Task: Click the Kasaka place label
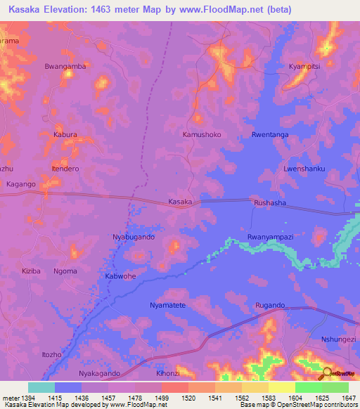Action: pyautogui.click(x=180, y=202)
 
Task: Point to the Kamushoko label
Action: pyautogui.click(x=202, y=134)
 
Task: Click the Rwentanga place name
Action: pyautogui.click(x=270, y=134)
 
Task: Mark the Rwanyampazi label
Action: pyautogui.click(x=270, y=238)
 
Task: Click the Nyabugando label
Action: pyautogui.click(x=134, y=238)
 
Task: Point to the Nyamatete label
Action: pyautogui.click(x=168, y=306)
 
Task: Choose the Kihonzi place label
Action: pyautogui.click(x=168, y=373)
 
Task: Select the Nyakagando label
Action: pyautogui.click(x=99, y=373)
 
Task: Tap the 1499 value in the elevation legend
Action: pyautogui.click(x=162, y=398)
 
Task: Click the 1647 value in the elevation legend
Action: pyautogui.click(x=347, y=398)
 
